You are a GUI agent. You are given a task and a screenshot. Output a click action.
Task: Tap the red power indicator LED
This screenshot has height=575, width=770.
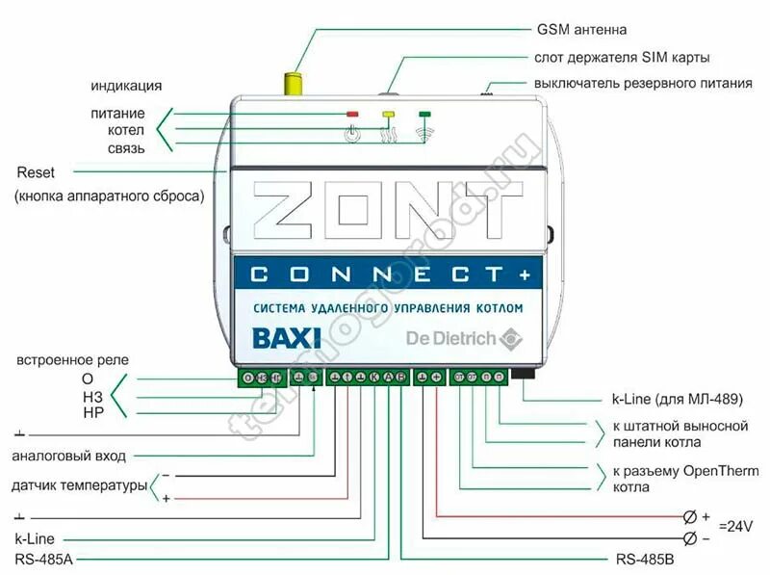352,114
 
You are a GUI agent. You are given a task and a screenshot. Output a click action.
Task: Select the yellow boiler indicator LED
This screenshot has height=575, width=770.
389,114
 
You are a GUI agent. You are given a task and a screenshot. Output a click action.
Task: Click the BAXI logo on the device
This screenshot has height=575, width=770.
280,339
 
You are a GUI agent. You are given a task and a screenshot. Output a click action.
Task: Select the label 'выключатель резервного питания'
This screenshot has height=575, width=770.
642,83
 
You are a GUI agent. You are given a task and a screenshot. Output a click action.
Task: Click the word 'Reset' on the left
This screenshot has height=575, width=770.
37,172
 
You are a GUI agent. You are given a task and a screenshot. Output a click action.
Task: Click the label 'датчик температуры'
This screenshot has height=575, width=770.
78,484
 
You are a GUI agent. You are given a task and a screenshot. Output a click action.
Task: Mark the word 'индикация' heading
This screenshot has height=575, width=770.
126,86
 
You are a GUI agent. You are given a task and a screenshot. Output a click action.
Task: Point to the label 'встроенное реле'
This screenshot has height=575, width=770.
72,360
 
